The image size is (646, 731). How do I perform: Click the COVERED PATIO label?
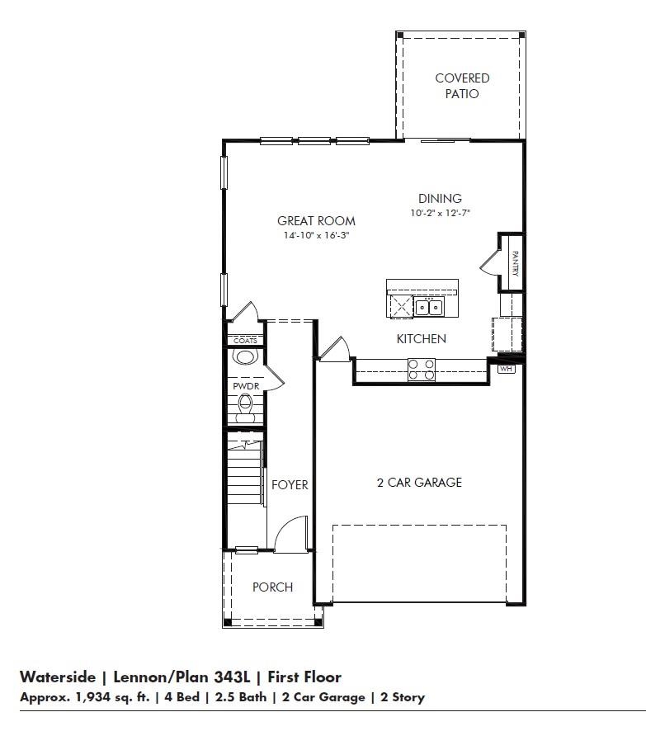tap(462, 86)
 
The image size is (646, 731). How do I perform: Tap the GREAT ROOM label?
tap(316, 220)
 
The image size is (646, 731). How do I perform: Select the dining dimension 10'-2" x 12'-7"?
tap(440, 213)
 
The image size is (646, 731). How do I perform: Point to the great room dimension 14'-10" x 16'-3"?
tap(316, 235)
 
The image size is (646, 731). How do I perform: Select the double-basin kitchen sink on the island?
tap(427, 308)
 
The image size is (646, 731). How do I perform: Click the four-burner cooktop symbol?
tap(421, 370)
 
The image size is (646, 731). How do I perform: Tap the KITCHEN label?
tap(421, 338)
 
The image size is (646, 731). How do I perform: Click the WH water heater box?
tap(506, 369)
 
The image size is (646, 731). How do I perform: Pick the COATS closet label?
tap(245, 340)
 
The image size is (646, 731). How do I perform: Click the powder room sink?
tap(244, 357)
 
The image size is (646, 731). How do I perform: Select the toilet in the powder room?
tap(244, 408)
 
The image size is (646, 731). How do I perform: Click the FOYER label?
tap(290, 485)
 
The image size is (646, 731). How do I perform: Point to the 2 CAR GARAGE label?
tap(419, 483)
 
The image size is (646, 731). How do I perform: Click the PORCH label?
tap(272, 587)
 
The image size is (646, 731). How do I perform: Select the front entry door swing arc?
tap(290, 535)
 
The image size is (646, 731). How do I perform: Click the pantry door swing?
tap(488, 262)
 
